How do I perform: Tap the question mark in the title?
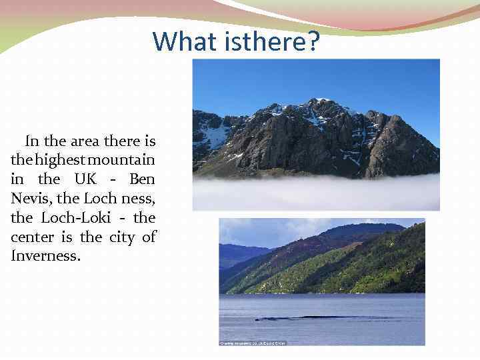pos(313,41)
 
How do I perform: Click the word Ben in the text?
pos(142,179)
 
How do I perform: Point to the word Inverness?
pos(45,255)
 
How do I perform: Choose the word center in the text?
pos(31,237)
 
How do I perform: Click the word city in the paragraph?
pos(120,237)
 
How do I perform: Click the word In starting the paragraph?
pos(32,141)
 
